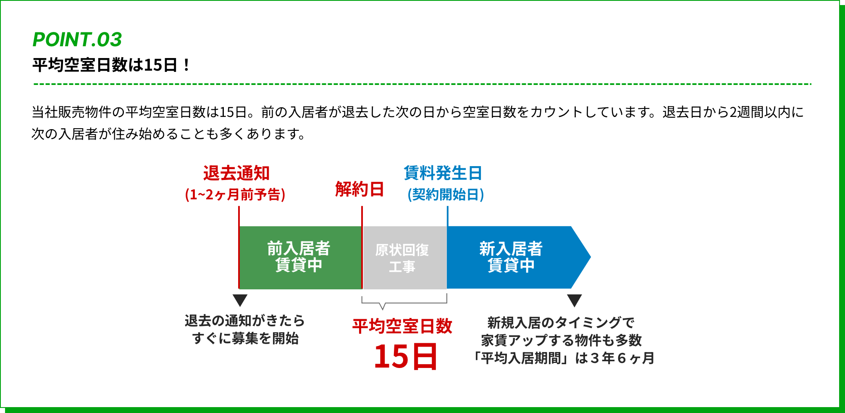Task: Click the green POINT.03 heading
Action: [77, 40]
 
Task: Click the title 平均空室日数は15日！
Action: [112, 65]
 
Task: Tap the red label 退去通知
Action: [236, 173]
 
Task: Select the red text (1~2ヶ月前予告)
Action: [235, 195]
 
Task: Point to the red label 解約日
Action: [360, 189]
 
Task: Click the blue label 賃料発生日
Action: [443, 173]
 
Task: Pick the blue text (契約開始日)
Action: [446, 195]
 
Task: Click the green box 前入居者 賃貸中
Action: [299, 257]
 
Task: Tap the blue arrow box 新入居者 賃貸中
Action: [511, 257]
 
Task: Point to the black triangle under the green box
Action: [240, 300]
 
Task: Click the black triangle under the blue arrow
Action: [574, 300]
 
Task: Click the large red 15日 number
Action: [406, 356]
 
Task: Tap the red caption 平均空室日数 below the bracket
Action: [402, 326]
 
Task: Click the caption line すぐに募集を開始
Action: [245, 339]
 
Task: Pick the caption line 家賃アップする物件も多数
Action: [561, 340]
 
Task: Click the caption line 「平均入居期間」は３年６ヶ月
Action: [564, 358]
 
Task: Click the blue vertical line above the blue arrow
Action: [448, 216]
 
